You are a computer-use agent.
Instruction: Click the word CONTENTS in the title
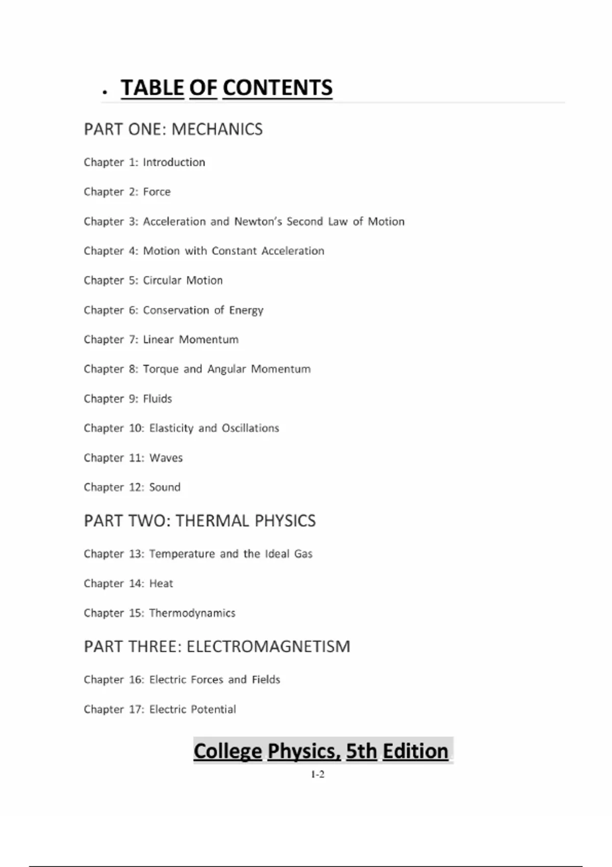(x=277, y=88)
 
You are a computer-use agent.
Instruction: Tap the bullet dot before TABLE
(x=105, y=92)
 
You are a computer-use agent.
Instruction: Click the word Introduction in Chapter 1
(x=174, y=162)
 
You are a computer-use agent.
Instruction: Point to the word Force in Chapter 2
(x=157, y=192)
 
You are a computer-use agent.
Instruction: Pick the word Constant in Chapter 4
(x=234, y=251)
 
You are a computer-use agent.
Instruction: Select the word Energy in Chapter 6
(x=246, y=310)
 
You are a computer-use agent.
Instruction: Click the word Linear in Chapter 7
(x=158, y=340)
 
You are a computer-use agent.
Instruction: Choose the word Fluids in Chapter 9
(x=158, y=399)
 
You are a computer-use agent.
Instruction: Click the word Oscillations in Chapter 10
(x=250, y=428)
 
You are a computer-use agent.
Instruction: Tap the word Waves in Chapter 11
(x=166, y=458)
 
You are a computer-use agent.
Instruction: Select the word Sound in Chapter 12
(x=165, y=487)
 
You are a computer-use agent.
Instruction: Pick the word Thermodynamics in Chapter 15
(x=192, y=613)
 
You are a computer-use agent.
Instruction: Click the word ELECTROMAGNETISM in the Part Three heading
(x=268, y=647)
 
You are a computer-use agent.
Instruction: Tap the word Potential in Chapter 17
(x=213, y=709)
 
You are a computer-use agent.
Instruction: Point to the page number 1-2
(x=318, y=774)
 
